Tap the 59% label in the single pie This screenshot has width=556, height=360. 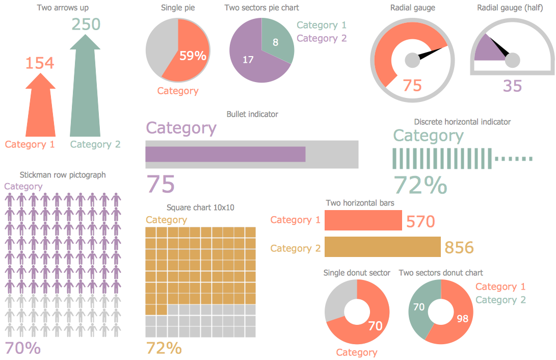pyautogui.click(x=193, y=56)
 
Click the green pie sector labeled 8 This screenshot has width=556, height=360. pyautogui.click(x=277, y=41)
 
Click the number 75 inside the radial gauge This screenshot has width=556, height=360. pyautogui.click(x=412, y=85)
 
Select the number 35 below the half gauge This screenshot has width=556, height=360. pyautogui.click(x=512, y=86)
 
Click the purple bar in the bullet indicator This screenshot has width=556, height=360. pyautogui.click(x=225, y=155)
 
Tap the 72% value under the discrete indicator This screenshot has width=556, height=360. pyautogui.click(x=420, y=186)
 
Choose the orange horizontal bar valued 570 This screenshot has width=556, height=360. pyautogui.click(x=363, y=220)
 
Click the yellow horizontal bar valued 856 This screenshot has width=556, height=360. pyautogui.click(x=382, y=247)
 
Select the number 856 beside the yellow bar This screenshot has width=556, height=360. pyautogui.click(x=459, y=248)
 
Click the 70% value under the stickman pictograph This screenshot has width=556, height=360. pyautogui.click(x=22, y=348)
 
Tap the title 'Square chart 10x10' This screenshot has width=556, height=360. pyautogui.click(x=200, y=208)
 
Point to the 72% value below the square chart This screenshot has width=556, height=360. pyautogui.click(x=164, y=348)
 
